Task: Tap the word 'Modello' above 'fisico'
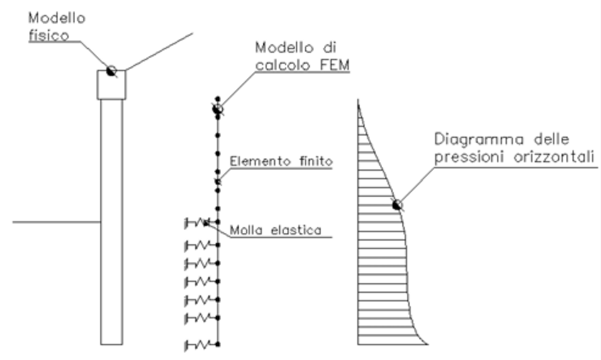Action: pos(57,18)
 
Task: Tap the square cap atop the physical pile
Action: pos(111,85)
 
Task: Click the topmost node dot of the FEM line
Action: pos(218,98)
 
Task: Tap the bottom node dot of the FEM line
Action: pos(218,344)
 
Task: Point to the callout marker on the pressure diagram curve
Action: pos(397,205)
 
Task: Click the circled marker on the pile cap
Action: pos(111,71)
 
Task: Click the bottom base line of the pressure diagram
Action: pos(392,344)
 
